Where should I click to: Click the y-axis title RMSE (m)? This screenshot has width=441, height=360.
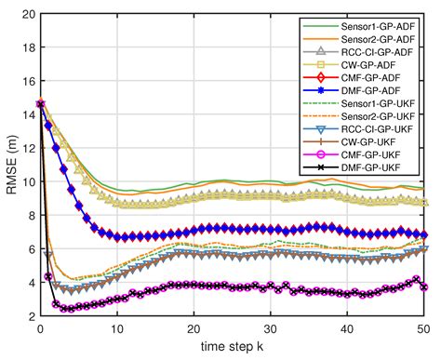(x=10, y=166)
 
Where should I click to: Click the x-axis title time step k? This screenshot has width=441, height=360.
(x=232, y=349)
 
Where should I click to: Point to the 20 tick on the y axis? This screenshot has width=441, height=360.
(x=25, y=15)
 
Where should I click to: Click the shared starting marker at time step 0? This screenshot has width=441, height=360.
(x=40, y=103)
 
